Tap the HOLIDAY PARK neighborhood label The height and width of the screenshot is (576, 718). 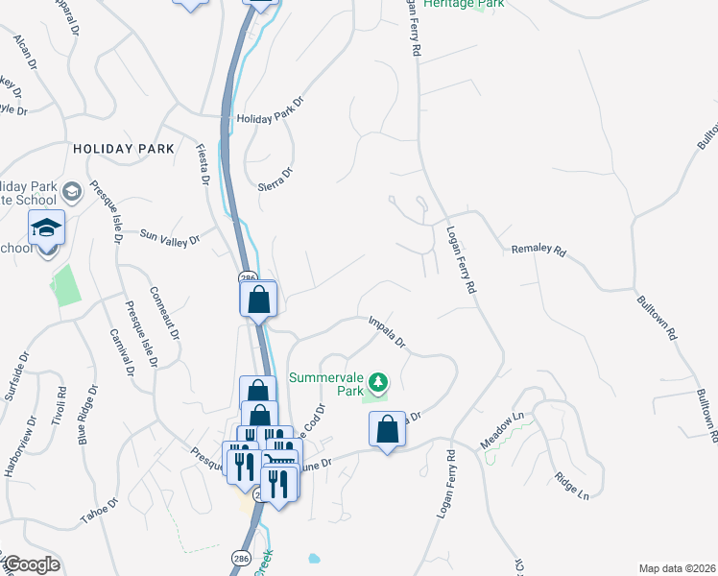(124, 149)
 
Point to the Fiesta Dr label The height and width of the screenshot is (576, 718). (203, 162)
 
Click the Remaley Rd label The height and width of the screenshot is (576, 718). (539, 252)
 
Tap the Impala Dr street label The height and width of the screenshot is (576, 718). (387, 332)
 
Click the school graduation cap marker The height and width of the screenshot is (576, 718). (46, 228)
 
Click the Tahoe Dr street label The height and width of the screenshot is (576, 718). (99, 509)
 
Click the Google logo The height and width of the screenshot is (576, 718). (31, 564)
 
